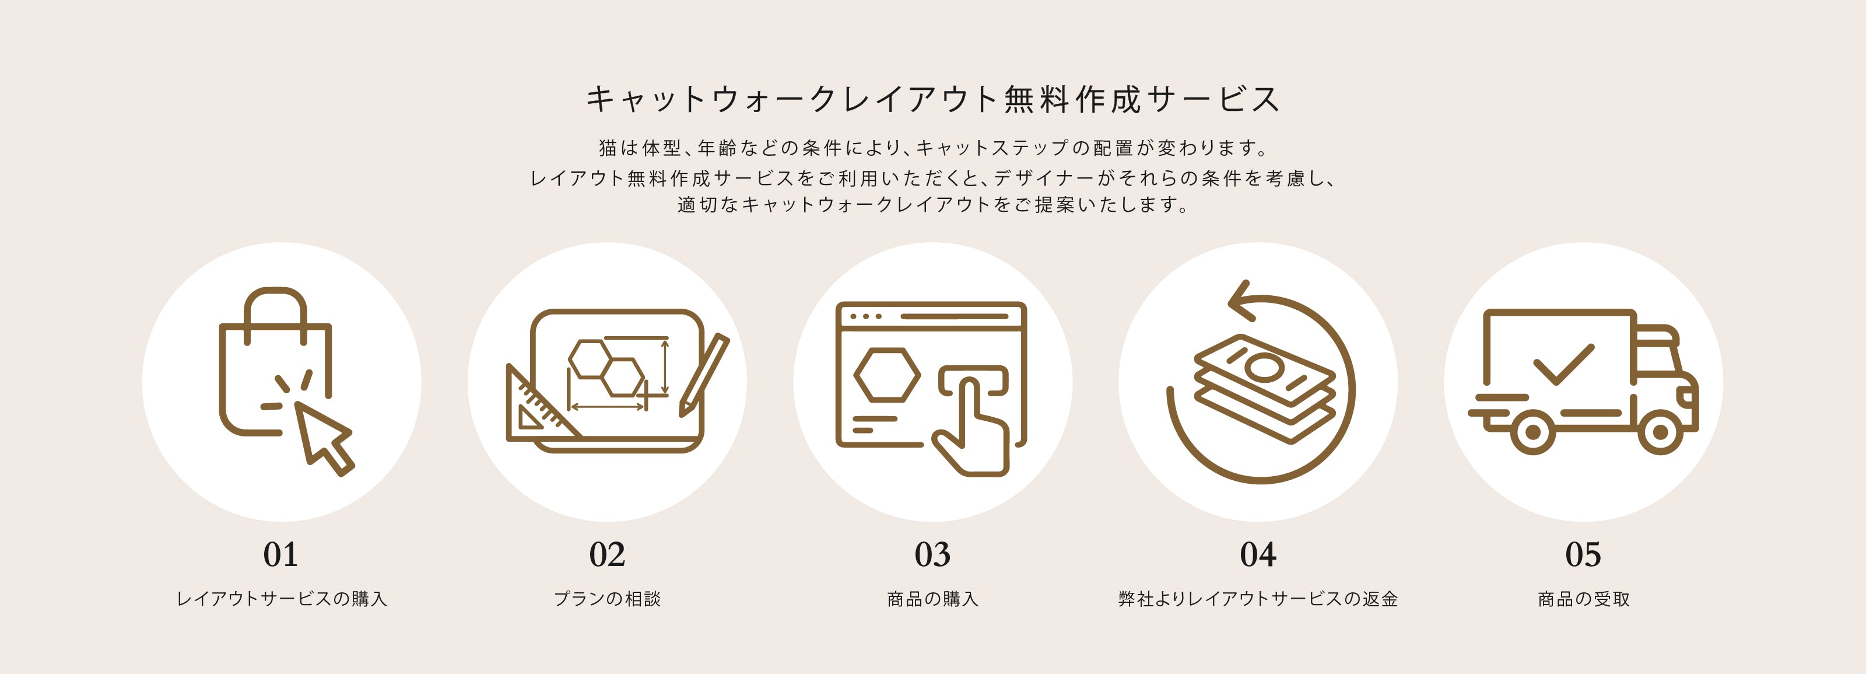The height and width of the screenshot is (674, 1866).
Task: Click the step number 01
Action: pos(280,554)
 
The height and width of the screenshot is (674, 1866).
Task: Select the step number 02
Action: pos(607,554)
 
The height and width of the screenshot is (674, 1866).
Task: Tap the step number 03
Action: pos(932,554)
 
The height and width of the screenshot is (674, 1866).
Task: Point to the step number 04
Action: pos(1258,554)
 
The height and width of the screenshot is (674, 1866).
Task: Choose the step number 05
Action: pos(1584,554)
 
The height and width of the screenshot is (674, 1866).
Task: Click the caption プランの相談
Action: pos(607,599)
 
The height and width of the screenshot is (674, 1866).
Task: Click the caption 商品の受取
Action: pos(1584,599)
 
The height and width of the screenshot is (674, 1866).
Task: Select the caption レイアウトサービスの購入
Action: pos(282,599)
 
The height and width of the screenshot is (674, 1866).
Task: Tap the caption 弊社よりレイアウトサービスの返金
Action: pos(1258,599)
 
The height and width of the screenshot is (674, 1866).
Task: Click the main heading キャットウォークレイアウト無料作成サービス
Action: pos(933,99)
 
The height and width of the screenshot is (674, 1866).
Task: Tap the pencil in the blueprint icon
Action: pos(703,375)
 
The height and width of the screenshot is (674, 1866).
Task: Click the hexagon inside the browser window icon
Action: pos(888,375)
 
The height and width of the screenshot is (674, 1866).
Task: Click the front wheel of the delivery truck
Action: pos(1660,432)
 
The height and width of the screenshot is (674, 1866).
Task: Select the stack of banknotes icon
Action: pos(1264,387)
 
